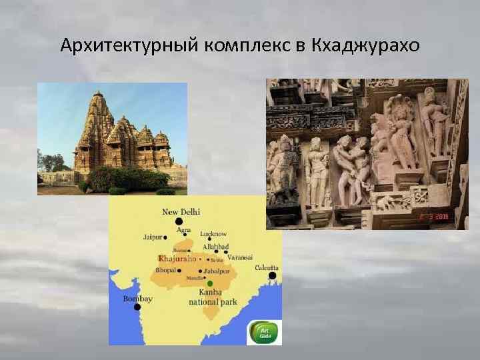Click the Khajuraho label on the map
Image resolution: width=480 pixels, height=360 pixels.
tap(177, 258)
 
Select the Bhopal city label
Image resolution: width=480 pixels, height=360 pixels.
tap(166, 270)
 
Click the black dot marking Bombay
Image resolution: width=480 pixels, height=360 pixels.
tap(137, 307)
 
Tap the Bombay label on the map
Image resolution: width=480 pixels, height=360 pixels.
tap(137, 299)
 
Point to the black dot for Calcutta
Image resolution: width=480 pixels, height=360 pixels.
tap(272, 275)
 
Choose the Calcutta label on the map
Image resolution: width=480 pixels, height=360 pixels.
tap(267, 267)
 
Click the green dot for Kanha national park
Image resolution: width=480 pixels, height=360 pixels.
tap(210, 283)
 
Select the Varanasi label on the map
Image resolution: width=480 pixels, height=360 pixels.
tap(239, 257)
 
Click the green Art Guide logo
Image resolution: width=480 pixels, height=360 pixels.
tap(265, 332)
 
